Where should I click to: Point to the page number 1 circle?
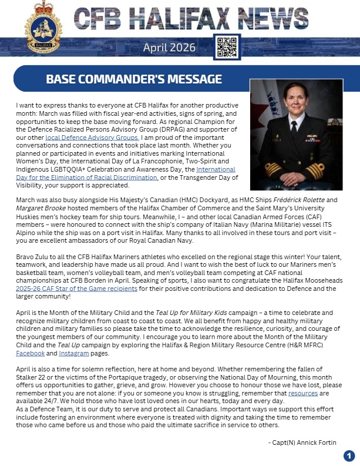tap(349, 455)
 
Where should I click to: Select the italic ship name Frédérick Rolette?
tap(301, 200)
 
